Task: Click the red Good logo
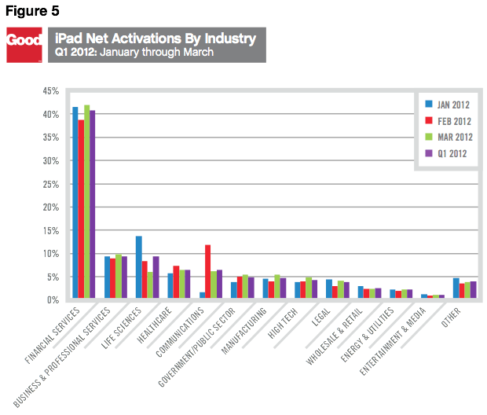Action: tap(24, 46)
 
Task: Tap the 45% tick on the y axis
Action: tap(50, 91)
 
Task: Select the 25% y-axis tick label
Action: tap(50, 184)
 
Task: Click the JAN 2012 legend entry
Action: tap(448, 104)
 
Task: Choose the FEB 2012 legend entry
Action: tap(448, 120)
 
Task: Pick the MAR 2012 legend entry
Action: tap(448, 137)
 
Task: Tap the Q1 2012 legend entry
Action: tap(448, 153)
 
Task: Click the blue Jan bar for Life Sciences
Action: tap(139, 268)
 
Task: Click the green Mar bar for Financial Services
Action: tap(87, 202)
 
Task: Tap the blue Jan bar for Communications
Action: tap(202, 296)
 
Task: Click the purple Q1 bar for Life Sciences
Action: tap(156, 278)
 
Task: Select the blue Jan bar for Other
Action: tap(456, 289)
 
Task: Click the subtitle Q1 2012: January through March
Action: tap(134, 53)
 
